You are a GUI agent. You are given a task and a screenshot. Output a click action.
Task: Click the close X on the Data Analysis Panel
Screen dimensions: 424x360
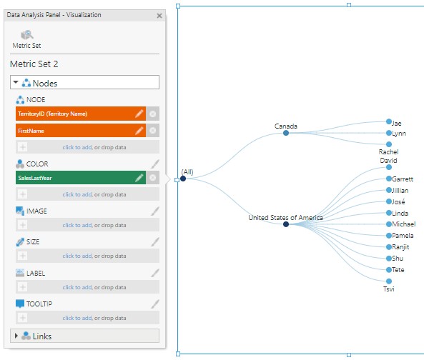159,16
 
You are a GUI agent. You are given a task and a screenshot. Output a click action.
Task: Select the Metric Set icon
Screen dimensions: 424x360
27,35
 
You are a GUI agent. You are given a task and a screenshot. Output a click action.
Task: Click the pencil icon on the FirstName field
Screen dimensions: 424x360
139,131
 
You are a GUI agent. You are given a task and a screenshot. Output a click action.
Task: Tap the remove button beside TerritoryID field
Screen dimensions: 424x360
152,114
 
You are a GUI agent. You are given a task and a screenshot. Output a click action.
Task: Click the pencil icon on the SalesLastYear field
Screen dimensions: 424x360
139,178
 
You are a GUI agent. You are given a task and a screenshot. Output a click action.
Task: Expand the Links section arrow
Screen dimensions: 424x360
16,336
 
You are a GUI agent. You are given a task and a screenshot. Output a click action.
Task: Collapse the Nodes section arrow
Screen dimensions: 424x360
16,82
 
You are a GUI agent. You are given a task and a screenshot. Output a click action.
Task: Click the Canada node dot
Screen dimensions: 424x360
286,133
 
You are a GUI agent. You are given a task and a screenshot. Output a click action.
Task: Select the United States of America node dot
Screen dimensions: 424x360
286,224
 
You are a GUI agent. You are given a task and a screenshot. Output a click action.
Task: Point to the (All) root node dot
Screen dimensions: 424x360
183,179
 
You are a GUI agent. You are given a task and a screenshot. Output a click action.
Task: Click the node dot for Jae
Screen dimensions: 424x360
389,121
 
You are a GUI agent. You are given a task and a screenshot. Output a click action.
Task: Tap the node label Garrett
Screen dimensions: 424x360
403,179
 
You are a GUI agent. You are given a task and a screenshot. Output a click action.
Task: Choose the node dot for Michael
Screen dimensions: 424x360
389,224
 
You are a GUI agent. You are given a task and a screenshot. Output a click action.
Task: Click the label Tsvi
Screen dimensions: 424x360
389,289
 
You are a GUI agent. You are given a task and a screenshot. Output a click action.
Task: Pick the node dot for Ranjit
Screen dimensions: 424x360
389,247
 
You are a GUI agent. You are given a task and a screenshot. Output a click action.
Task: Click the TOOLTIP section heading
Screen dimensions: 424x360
39,304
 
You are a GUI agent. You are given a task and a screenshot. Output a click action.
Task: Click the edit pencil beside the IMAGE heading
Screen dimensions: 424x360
155,211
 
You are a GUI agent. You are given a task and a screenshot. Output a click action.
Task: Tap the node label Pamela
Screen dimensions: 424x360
403,236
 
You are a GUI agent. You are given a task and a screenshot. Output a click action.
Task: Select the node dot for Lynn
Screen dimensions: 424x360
389,133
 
